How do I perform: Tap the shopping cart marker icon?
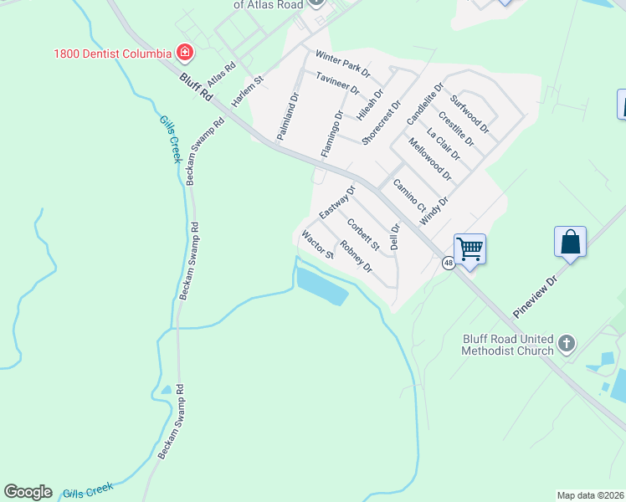pyautogui.click(x=469, y=248)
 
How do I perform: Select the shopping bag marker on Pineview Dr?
pyautogui.click(x=570, y=242)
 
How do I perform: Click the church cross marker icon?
pyautogui.click(x=567, y=343)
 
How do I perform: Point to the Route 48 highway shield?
pyautogui.click(x=449, y=264)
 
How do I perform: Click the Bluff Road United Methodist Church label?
pyautogui.click(x=508, y=345)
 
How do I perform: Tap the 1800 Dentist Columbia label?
pyautogui.click(x=112, y=54)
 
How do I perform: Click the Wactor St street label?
pyautogui.click(x=318, y=243)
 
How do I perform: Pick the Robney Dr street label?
pyautogui.click(x=357, y=259)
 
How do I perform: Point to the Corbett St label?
pyautogui.click(x=364, y=234)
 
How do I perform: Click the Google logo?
pyautogui.click(x=28, y=492)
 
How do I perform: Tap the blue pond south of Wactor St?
pyautogui.click(x=321, y=286)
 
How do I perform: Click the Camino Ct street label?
pyautogui.click(x=410, y=196)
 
